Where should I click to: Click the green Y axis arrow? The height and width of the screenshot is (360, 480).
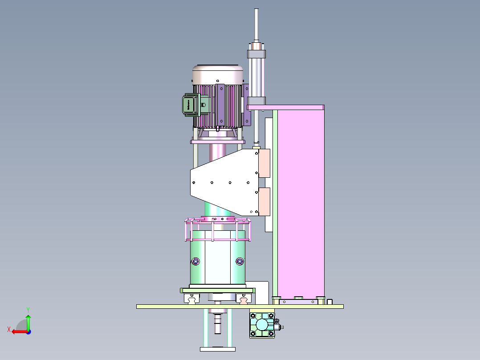[28, 320]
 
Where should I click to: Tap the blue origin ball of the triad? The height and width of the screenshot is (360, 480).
[28, 331]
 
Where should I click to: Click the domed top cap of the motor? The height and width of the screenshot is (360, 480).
[218, 74]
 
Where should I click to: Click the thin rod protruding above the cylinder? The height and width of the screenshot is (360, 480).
[256, 25]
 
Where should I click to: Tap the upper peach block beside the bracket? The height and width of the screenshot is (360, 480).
[264, 163]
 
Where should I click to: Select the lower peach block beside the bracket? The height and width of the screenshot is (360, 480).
[264, 201]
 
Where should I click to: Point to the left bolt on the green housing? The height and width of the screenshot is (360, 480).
[195, 261]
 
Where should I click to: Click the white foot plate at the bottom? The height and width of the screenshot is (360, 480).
[217, 349]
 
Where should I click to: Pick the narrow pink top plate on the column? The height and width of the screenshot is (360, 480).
[285, 107]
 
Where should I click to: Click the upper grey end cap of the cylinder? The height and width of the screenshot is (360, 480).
[256, 54]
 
